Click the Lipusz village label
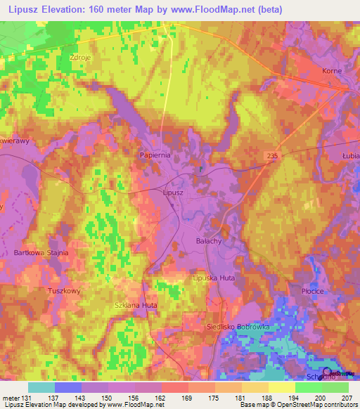point(172,192)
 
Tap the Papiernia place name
point(155,155)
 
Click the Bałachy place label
point(209,240)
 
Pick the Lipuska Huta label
point(214,278)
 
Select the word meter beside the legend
point(10,397)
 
